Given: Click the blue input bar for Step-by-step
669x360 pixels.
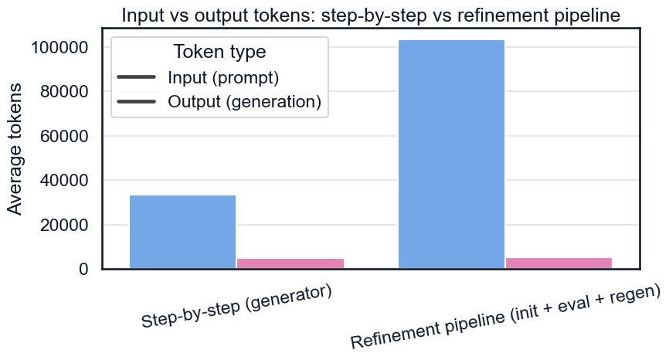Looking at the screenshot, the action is point(182,232).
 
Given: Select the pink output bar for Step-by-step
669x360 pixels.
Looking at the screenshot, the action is point(290,263).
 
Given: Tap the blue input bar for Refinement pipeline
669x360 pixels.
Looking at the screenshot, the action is point(451,155).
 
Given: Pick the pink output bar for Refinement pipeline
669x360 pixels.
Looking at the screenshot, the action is point(559,263).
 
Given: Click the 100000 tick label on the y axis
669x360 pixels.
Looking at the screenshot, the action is point(59,47).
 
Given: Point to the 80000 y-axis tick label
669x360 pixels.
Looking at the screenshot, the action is point(64,92).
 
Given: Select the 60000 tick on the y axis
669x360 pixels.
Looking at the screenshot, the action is point(64,136).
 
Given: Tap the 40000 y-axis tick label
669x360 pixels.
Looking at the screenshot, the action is point(64,181).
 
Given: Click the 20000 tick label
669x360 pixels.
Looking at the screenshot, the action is point(64,225).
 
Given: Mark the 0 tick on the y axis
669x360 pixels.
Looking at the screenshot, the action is point(83,269).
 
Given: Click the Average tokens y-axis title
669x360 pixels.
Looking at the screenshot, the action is point(15,149).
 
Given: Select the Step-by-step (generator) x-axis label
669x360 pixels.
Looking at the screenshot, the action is point(236,306).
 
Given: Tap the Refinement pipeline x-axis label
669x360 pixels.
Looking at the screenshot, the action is point(505,317).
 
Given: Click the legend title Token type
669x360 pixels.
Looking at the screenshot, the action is point(219,52).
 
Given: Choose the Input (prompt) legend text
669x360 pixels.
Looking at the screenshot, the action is point(223,77).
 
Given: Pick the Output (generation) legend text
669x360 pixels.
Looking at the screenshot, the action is point(244,101).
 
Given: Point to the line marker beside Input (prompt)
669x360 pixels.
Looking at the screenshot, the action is point(136,77).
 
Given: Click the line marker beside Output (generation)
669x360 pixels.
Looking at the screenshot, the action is point(136,101).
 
